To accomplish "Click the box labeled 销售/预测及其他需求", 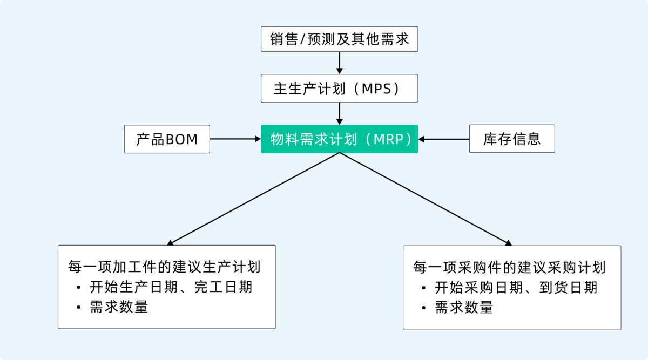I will (339, 39).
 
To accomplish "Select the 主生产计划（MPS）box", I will (339, 89).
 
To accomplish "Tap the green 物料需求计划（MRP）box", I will (339, 139).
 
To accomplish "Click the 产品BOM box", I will (167, 139).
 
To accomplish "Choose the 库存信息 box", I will (511, 139).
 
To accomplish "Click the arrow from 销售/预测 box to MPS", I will (340, 63).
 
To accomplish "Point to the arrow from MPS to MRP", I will (340, 113).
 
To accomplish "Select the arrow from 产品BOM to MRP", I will (235, 139).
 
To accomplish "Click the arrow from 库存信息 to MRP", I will (444, 139).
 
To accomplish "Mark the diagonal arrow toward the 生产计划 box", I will (254, 199).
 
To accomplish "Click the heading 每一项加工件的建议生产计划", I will (165, 267).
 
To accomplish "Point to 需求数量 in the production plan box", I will (119, 307).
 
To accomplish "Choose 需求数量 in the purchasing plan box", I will (464, 307).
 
